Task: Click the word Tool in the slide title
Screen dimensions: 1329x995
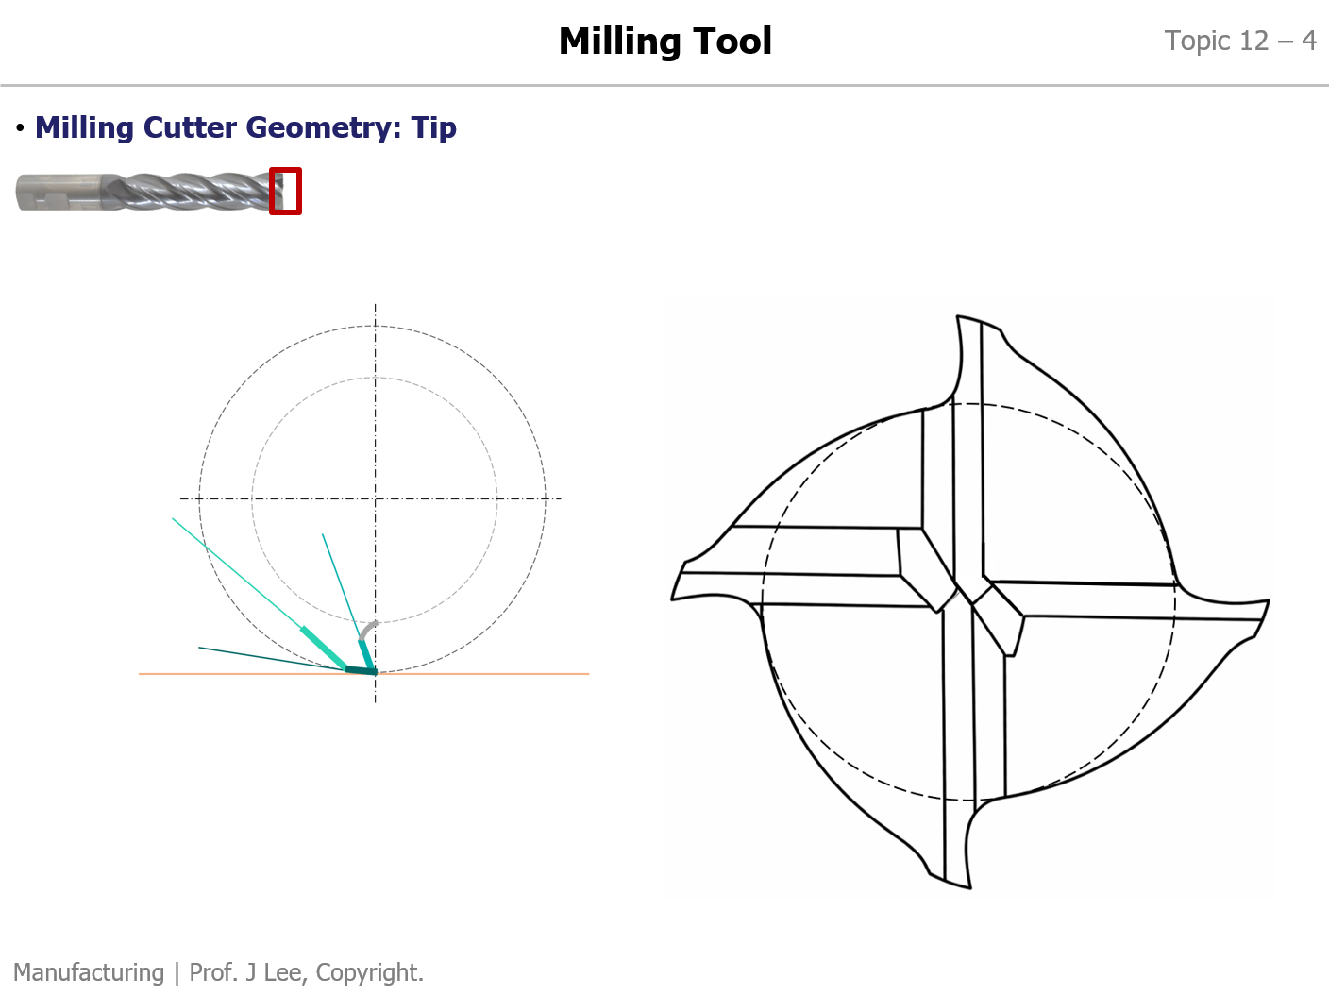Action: pyautogui.click(x=732, y=42)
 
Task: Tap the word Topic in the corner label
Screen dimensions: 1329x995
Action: pyautogui.click(x=1198, y=42)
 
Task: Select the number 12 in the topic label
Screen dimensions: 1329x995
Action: pyautogui.click(x=1253, y=42)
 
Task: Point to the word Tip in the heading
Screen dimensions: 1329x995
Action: pyautogui.click(x=433, y=128)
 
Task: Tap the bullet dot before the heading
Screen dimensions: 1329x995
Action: pyautogui.click(x=21, y=127)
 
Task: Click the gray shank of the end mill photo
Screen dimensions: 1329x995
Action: pyautogui.click(x=60, y=193)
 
